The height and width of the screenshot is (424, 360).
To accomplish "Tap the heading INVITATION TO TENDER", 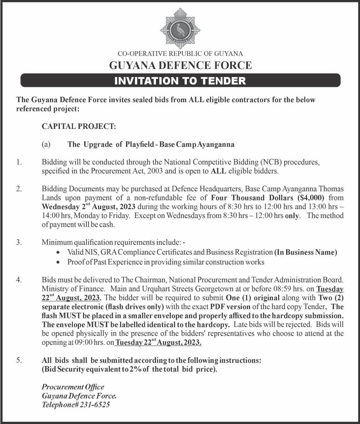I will coord(180,81).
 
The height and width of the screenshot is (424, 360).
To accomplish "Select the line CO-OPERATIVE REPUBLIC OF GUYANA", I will coord(180,54).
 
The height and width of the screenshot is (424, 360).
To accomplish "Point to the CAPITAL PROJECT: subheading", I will coord(79,126).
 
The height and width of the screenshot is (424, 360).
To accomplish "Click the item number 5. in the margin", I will coord(19,361).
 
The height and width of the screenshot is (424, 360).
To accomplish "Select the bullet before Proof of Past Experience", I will coord(58,262).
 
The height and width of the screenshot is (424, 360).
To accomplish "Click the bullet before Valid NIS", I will coord(58,253).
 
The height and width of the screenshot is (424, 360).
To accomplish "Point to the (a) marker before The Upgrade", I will coord(46,145).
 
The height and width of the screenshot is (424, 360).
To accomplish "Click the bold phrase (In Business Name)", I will coord(306,252).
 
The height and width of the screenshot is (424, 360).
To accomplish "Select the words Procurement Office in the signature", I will coord(73,387).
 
